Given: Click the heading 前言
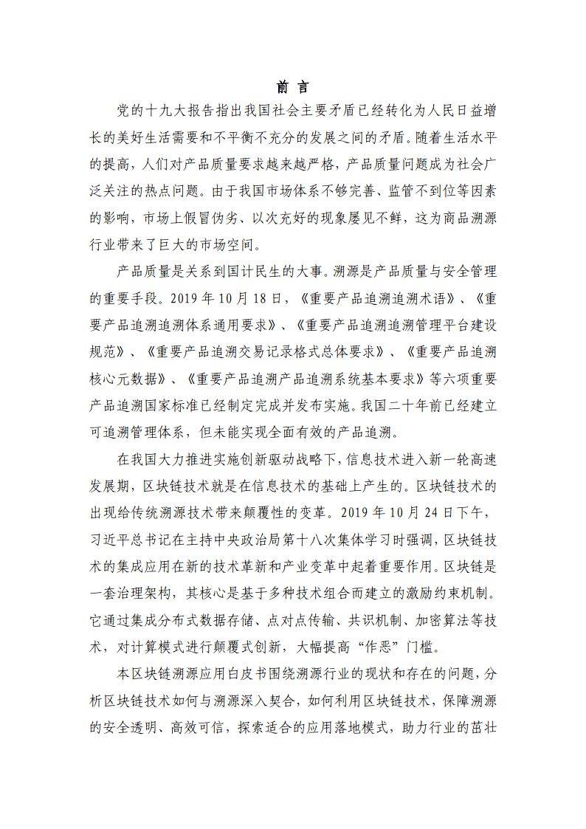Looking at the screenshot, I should (292, 86).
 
